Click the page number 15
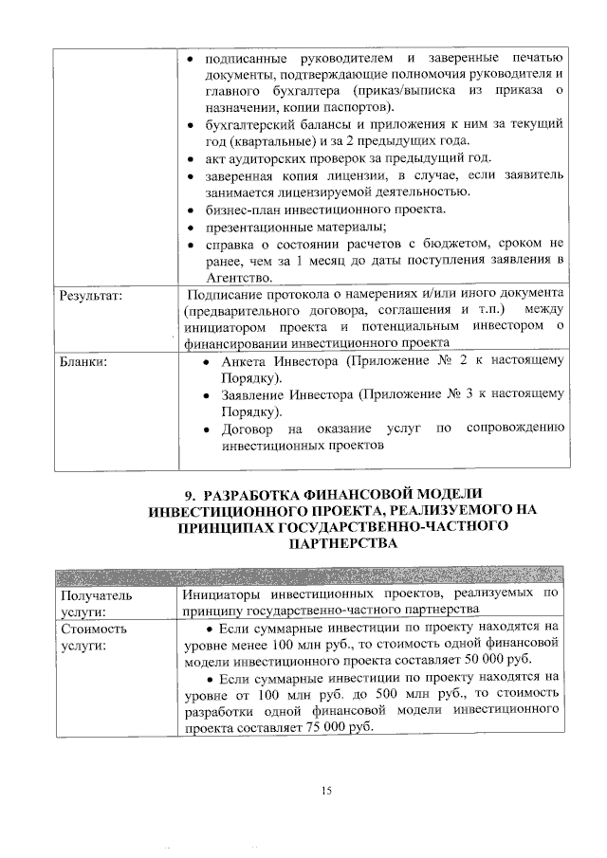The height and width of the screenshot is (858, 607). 326,792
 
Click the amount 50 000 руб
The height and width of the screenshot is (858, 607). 497,661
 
